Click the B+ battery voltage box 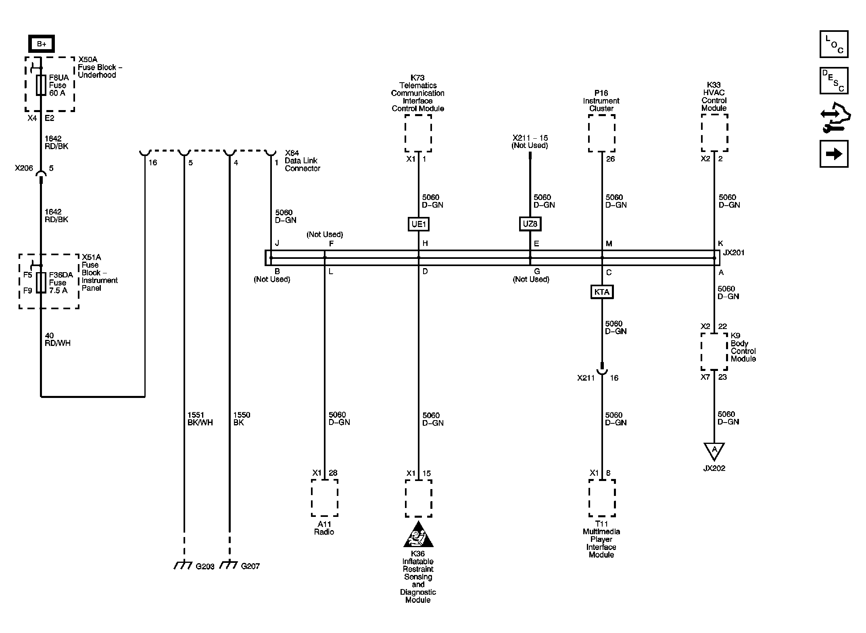(42, 44)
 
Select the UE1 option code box (418, 224)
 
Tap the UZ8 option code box (530, 224)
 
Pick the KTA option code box (602, 292)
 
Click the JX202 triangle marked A (714, 450)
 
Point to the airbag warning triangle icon (418, 535)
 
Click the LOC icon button (834, 44)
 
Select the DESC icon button (834, 81)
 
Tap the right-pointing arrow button (834, 154)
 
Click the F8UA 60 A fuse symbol (41, 85)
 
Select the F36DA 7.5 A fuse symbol (41, 282)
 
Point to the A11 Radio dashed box (324, 498)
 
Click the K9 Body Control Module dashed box (714, 351)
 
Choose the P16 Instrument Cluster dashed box (601, 133)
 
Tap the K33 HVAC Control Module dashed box (714, 133)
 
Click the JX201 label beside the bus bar (734, 253)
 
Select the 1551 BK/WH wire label (200, 419)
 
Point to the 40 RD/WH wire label (57, 339)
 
